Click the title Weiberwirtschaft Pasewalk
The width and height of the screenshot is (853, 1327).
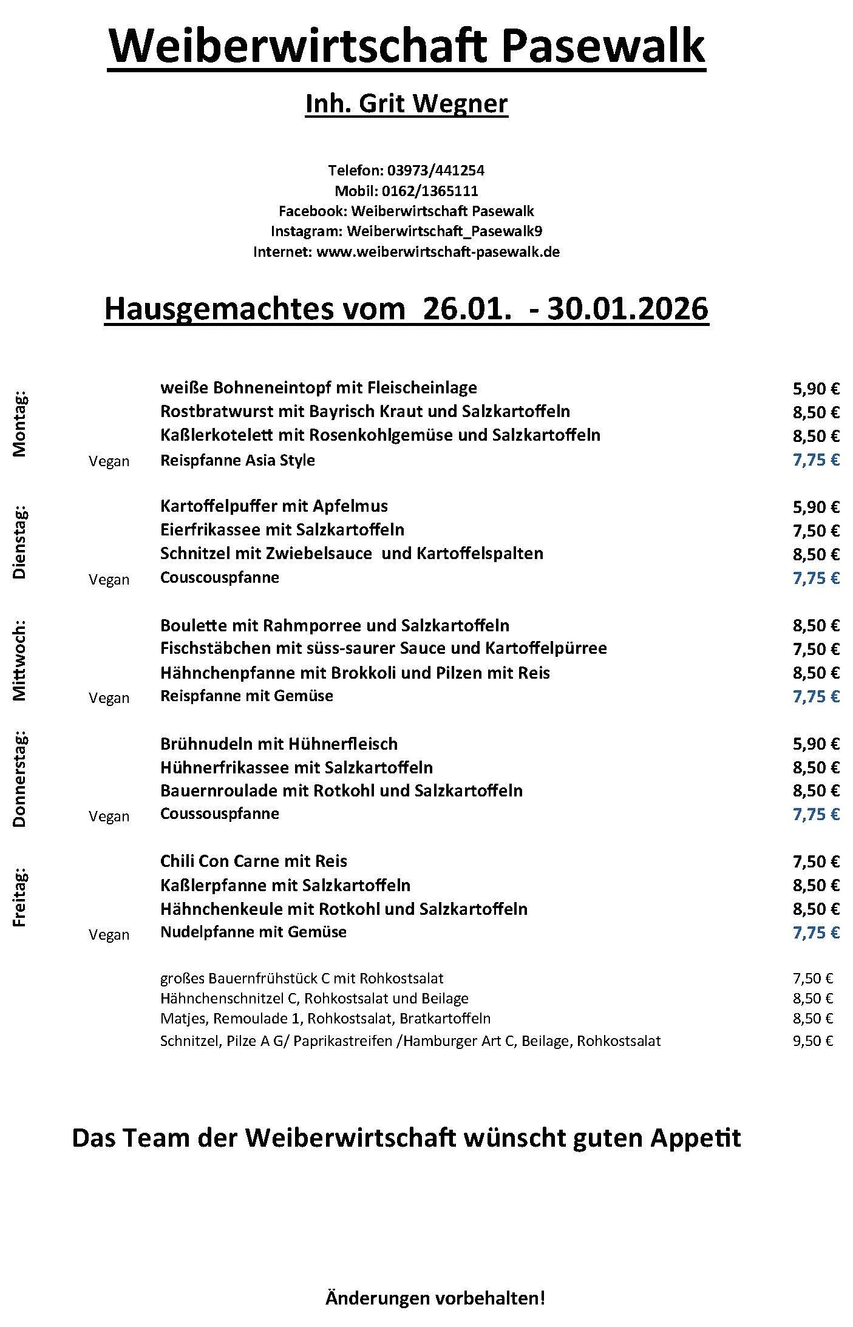[x=406, y=47]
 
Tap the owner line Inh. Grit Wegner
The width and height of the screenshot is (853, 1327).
[x=406, y=104]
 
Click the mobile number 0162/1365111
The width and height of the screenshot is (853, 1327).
[x=430, y=191]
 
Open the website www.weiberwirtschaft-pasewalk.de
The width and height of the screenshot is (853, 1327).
[x=438, y=251]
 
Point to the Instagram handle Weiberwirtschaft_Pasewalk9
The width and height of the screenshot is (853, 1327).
[x=445, y=231]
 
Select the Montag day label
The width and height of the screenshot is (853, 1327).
[x=20, y=424]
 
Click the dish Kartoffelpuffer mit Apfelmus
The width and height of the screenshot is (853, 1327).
[x=274, y=506]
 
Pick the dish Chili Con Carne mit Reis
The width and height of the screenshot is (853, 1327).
[x=254, y=861]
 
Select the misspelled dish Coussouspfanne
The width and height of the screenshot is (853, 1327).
[x=219, y=813]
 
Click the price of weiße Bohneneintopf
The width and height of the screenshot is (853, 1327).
[x=815, y=389]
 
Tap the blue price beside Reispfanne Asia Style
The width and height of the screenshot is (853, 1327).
[x=815, y=460]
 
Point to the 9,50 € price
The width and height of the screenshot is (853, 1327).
[x=812, y=1041]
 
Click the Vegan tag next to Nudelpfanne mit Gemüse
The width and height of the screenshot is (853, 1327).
[x=109, y=935]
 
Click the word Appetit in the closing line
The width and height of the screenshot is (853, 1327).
[x=696, y=1138]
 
